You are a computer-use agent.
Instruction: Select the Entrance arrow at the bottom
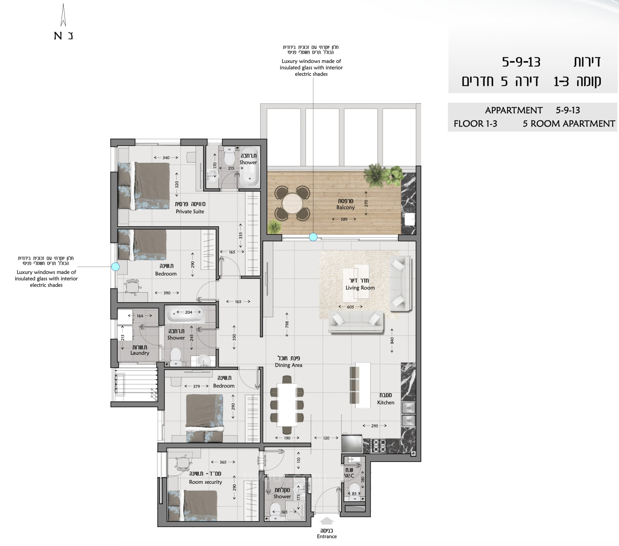327,521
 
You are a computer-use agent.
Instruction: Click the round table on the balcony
292,203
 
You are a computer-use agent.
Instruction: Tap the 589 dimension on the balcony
344,219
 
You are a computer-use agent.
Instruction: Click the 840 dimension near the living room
392,341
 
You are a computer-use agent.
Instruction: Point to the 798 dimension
287,324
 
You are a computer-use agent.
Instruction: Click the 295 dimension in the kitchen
374,426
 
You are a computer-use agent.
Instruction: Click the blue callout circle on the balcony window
313,237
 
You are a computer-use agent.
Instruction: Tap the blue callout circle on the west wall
115,266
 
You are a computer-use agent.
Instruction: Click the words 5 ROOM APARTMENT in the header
568,124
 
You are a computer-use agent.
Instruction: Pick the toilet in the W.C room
354,490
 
